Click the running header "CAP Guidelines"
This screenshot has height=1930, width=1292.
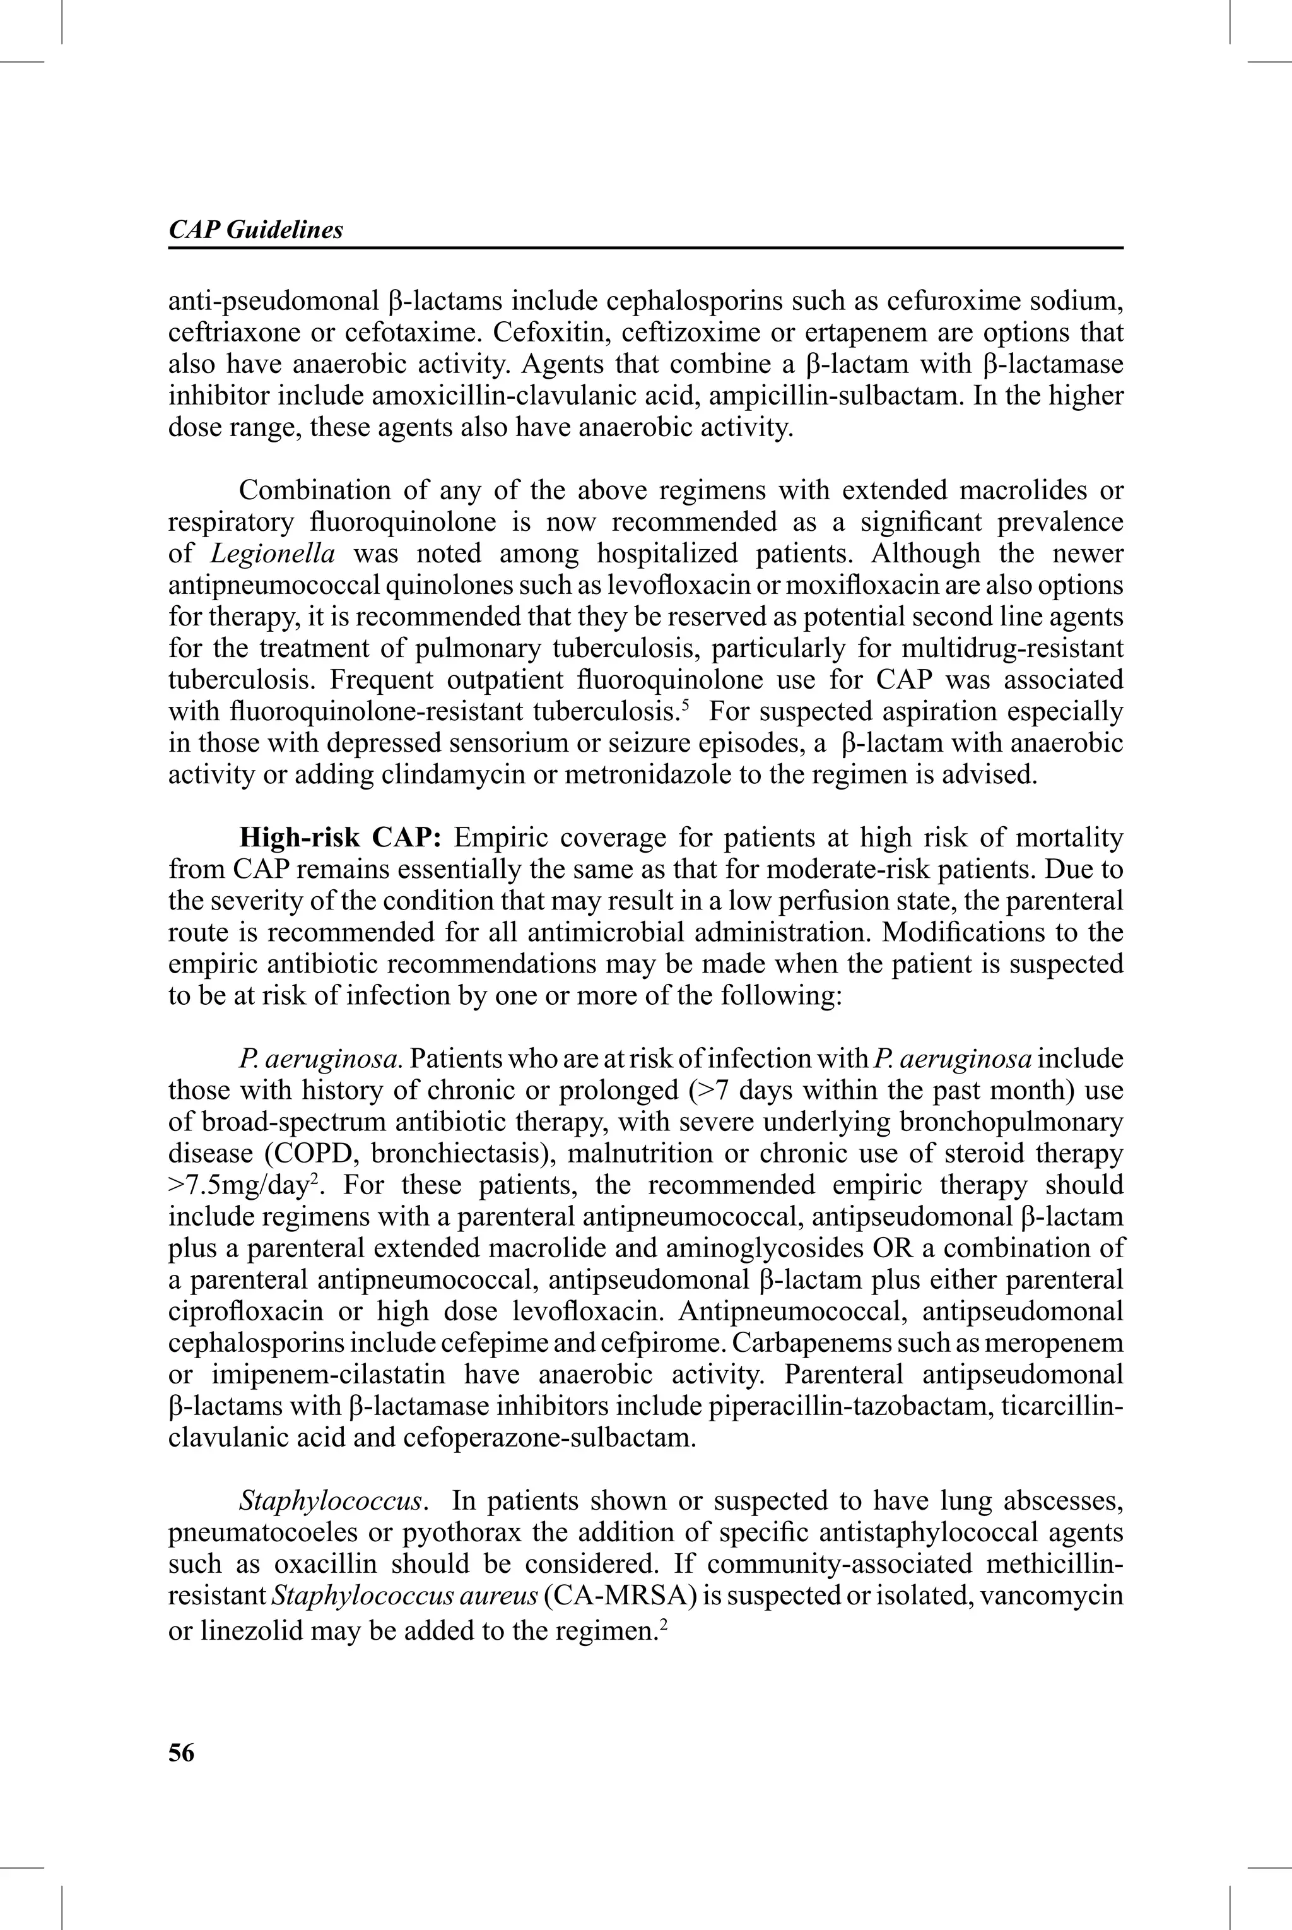click(x=255, y=230)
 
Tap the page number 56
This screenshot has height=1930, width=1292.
click(x=181, y=1753)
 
